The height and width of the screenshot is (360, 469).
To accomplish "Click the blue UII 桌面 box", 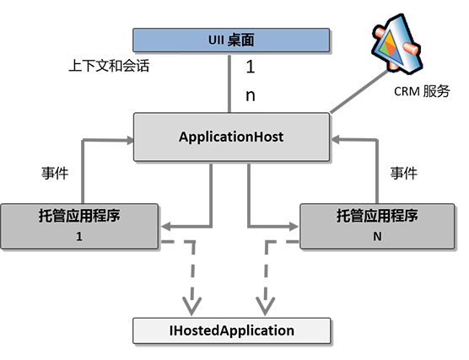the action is tap(231, 40).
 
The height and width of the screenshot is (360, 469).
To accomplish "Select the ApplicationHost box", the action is tap(231, 137).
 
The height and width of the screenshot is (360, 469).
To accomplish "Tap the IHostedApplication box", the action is tap(232, 330).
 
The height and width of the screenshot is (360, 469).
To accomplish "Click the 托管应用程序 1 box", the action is tap(79, 226).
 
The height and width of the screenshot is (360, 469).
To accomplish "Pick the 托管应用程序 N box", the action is tap(377, 226).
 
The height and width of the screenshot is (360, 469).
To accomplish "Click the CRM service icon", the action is tap(396, 43).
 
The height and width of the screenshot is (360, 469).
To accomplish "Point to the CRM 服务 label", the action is tap(422, 92).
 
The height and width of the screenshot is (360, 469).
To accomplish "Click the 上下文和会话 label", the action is tap(109, 66).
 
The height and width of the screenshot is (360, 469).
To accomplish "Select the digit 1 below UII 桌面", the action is tap(251, 67).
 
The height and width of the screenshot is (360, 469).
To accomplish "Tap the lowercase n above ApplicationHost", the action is tap(251, 95).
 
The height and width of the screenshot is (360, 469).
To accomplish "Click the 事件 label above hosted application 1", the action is tap(55, 174).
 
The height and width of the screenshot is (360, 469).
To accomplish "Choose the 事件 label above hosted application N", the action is tap(403, 174).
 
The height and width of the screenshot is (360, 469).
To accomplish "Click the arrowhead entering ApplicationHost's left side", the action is tap(130, 140).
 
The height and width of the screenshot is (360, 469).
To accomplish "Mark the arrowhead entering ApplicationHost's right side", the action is tap(335, 139).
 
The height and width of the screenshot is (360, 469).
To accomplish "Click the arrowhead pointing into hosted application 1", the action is tap(165, 226).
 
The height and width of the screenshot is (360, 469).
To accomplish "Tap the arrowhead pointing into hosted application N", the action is tap(294, 226).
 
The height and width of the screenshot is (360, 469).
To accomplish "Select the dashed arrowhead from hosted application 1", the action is tap(191, 306).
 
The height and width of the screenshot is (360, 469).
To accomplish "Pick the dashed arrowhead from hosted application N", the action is tap(265, 306).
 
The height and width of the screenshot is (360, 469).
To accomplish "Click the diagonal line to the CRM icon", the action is tap(359, 92).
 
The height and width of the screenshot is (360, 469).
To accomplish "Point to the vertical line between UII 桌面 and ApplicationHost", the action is tap(229, 83).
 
